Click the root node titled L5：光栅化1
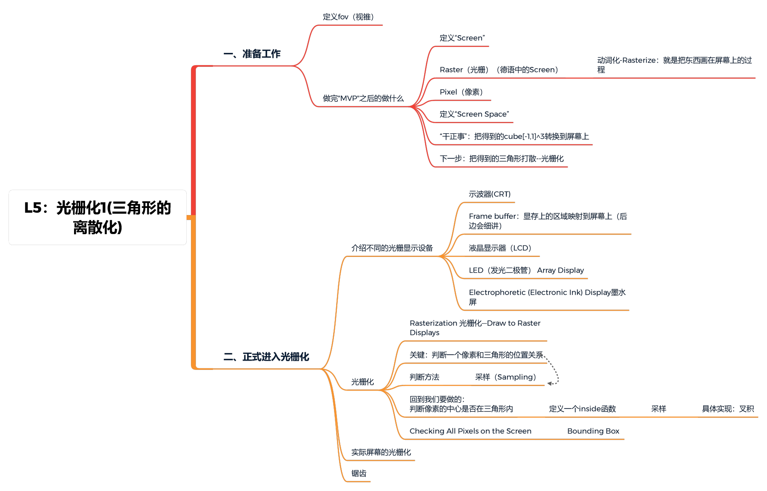pyautogui.click(x=97, y=217)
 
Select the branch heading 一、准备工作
pyautogui.click(x=252, y=54)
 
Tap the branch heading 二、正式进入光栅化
pyautogui.click(x=266, y=357)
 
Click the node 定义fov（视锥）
pyautogui.click(x=348, y=17)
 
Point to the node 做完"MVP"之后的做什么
pyautogui.click(x=363, y=99)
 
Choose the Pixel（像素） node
pyautogui.click(x=461, y=92)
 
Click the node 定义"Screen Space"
pyautogui.click(x=474, y=114)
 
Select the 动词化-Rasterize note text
pyautogui.click(x=674, y=65)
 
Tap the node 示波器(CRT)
pyautogui.click(x=489, y=194)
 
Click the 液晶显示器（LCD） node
pyautogui.click(x=499, y=248)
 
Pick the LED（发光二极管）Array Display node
pyautogui.click(x=526, y=270)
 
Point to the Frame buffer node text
pyautogui.click(x=548, y=221)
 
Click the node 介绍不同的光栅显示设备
pyautogui.click(x=392, y=248)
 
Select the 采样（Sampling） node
pyautogui.click(x=505, y=377)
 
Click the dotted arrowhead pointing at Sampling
pyautogui.click(x=549, y=383)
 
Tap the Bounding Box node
pyautogui.click(x=593, y=431)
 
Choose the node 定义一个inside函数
pyautogui.click(x=582, y=409)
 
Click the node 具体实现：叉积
pyautogui.click(x=728, y=409)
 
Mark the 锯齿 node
pyautogui.click(x=359, y=474)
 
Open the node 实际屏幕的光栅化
pyautogui.click(x=381, y=452)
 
